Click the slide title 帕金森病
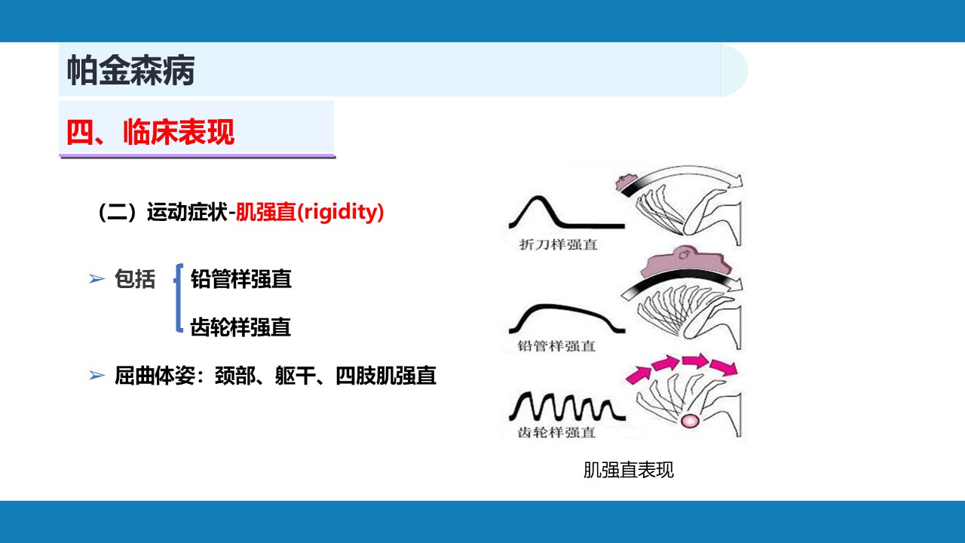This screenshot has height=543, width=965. [130, 70]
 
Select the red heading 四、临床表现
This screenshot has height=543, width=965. [150, 132]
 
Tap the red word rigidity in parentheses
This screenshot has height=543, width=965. [340, 212]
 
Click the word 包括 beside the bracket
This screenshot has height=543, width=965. [135, 279]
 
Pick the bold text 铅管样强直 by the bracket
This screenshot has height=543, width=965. [240, 279]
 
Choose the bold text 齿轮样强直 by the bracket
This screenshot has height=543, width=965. [240, 327]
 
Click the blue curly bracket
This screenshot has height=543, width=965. [178, 298]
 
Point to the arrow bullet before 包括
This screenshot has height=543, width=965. [96, 279]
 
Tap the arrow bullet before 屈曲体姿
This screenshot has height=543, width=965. [96, 376]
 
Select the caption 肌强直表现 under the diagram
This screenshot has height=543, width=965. [629, 470]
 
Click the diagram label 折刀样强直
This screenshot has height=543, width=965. [559, 245]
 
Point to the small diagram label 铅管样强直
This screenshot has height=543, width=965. [556, 345]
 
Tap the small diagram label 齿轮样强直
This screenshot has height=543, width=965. [556, 432]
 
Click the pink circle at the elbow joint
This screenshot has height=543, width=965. [690, 421]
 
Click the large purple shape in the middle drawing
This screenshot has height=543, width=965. [685, 264]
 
